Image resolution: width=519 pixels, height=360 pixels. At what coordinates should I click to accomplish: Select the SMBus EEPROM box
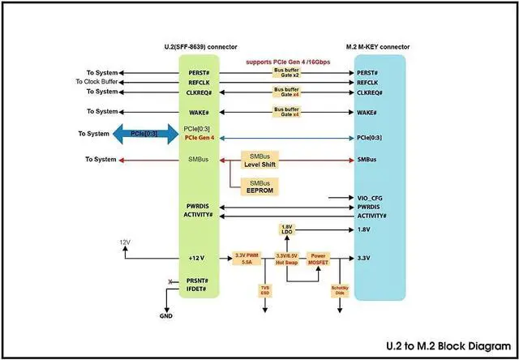[259, 187]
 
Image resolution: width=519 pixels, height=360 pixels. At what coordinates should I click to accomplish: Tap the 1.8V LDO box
[285, 229]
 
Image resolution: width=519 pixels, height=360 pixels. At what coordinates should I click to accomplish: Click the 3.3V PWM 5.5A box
[246, 259]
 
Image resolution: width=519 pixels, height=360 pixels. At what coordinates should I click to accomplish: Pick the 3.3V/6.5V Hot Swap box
[287, 259]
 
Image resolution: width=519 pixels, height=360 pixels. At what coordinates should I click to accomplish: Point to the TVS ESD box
[265, 290]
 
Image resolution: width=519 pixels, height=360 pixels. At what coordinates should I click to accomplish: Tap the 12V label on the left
[124, 242]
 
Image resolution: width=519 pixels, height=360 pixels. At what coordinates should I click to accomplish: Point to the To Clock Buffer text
[103, 81]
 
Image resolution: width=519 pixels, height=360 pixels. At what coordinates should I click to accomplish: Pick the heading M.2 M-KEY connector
[379, 45]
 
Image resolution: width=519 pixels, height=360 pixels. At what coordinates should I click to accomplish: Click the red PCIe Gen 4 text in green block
[199, 138]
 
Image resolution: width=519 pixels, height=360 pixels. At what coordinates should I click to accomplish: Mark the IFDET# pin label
[197, 289]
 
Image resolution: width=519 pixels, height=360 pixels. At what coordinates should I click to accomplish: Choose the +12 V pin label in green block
[198, 259]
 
